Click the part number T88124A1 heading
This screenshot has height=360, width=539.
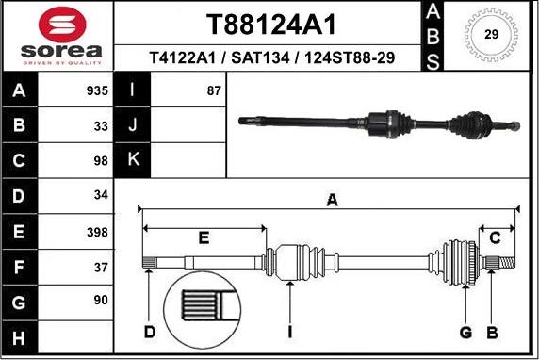[x=271, y=24]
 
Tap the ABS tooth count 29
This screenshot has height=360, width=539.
[x=490, y=35]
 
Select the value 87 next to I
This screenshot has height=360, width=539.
[x=214, y=91]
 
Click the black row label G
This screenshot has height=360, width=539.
[x=20, y=303]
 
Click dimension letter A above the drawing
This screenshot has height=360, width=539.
[x=331, y=200]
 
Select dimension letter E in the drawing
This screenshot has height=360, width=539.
[x=204, y=237]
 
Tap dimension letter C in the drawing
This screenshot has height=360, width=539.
[x=494, y=237]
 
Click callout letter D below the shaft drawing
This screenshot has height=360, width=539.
[x=150, y=332]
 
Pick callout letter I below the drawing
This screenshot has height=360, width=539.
[x=290, y=332]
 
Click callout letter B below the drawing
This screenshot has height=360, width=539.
[x=491, y=332]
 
